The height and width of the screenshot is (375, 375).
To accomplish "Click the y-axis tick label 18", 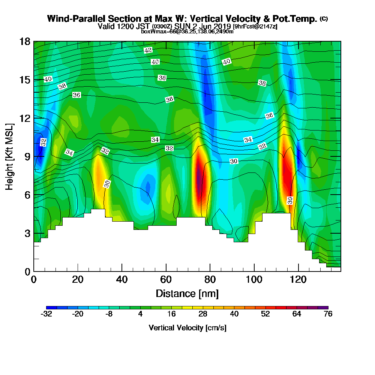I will (25, 41).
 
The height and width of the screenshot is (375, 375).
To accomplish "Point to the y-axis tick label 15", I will (25, 79).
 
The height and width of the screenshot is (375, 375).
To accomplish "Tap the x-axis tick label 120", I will (298, 280).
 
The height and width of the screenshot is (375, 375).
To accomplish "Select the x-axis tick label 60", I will (166, 280).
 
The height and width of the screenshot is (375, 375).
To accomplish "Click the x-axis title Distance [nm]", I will (187, 293).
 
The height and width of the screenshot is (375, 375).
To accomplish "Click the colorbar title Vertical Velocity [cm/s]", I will (187, 328).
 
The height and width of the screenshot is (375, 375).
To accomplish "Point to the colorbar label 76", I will (328, 314).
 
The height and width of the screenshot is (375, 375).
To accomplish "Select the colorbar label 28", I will (202, 314).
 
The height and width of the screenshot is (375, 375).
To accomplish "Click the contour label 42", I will (148, 50).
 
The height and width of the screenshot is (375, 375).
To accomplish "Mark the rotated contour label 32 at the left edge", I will (43, 142).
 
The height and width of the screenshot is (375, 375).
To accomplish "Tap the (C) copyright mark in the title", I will (324, 19).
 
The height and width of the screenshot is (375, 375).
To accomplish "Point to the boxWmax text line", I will (187, 31).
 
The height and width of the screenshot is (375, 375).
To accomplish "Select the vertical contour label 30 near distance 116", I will (290, 200).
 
